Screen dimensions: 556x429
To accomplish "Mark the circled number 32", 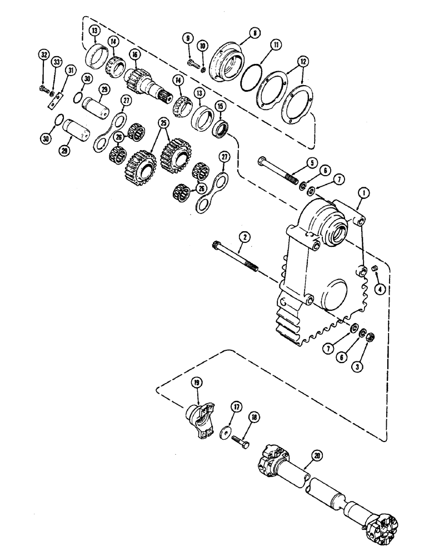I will click(x=43, y=54).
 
